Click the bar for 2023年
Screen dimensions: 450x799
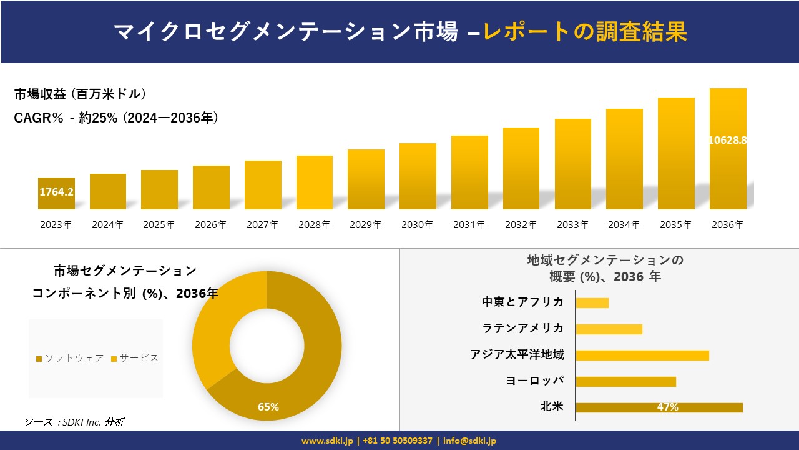(56, 194)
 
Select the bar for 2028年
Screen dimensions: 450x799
(315, 182)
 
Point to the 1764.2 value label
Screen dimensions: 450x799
(56, 192)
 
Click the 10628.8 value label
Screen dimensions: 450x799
(728, 140)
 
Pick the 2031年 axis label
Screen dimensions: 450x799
(469, 225)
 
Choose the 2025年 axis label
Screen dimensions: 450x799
(159, 225)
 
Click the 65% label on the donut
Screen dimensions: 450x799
(268, 407)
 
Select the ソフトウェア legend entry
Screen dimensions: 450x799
(70, 358)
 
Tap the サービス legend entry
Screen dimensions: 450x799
(135, 358)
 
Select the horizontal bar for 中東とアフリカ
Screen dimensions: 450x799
(592, 303)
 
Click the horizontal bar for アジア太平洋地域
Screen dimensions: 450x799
(642, 355)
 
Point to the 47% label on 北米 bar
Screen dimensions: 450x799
(667, 407)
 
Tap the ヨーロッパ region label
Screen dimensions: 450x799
(535, 381)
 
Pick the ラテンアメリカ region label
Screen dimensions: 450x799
(522, 329)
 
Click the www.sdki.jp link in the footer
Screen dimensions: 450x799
(326, 441)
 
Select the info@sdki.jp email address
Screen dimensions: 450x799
(469, 441)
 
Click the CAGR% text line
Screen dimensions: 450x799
(116, 118)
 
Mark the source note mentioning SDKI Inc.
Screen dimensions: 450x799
(74, 422)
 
